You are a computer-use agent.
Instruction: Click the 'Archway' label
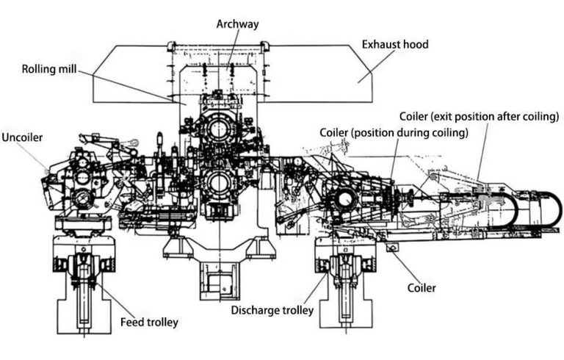(237, 24)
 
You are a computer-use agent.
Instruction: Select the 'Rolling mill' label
(48, 71)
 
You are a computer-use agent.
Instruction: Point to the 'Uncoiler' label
(23, 137)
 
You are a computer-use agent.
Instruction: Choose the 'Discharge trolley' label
(272, 310)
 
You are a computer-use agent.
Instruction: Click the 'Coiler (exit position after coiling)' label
(480, 117)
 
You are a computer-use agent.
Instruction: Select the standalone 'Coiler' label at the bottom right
(422, 287)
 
